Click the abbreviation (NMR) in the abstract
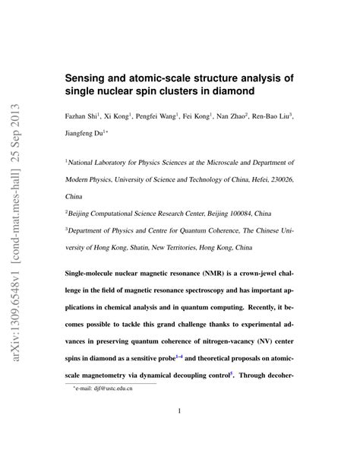pyautogui.click(x=188, y=272)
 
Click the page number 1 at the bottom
pyautogui.click(x=180, y=412)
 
